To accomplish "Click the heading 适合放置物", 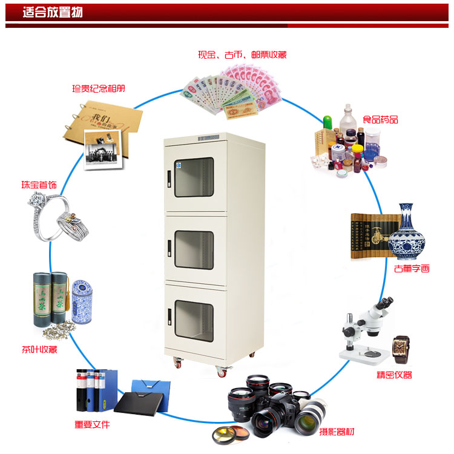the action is point(53,13).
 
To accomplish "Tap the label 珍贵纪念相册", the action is point(99,88).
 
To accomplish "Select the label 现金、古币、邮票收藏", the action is point(242,54).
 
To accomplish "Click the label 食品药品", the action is point(381,119).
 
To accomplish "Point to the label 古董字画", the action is point(412,268).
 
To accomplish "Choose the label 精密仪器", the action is point(394,375).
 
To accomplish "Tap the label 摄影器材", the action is point(337,432).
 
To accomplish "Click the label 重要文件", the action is point(92,424).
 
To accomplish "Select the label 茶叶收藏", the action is point(39,349).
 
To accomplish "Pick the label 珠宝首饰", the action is point(39,185).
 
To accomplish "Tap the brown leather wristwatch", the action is point(401,349).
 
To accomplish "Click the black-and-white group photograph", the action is point(102,150).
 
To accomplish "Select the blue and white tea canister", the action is point(82,301).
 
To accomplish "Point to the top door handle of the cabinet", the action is point(169,179).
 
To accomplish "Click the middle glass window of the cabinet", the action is point(194,250).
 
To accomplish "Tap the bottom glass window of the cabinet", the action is point(194,321).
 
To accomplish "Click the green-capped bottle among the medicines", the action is point(327,122).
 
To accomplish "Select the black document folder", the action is point(139,403).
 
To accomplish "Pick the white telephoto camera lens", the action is point(310,417).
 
